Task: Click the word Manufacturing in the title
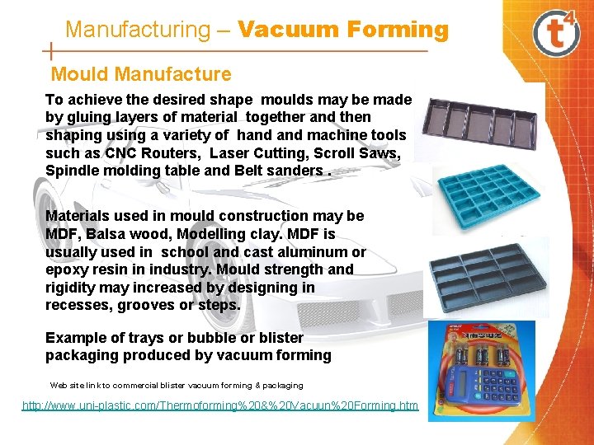tap(138, 30)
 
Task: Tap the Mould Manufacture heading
tap(141, 75)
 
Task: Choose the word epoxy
tap(67, 269)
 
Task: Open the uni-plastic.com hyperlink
tap(220, 405)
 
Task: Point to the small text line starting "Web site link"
tap(176, 385)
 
